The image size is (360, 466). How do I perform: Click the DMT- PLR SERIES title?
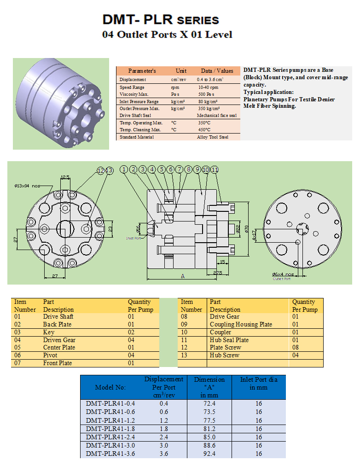(161, 20)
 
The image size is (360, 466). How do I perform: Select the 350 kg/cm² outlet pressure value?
(208, 109)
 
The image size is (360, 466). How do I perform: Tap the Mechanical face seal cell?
(216, 116)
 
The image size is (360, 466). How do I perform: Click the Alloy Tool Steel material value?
(212, 137)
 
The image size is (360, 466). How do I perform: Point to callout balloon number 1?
(124, 169)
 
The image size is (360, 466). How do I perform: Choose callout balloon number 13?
(109, 171)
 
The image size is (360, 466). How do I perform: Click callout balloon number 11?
(215, 169)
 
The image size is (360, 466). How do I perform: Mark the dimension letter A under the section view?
(183, 276)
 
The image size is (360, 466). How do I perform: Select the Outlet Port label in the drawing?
(281, 279)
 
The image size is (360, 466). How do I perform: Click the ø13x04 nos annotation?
(27, 186)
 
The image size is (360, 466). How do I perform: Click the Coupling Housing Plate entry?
(241, 324)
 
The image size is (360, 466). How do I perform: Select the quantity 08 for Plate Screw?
(296, 347)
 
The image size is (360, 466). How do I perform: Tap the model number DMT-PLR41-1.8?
(110, 429)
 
